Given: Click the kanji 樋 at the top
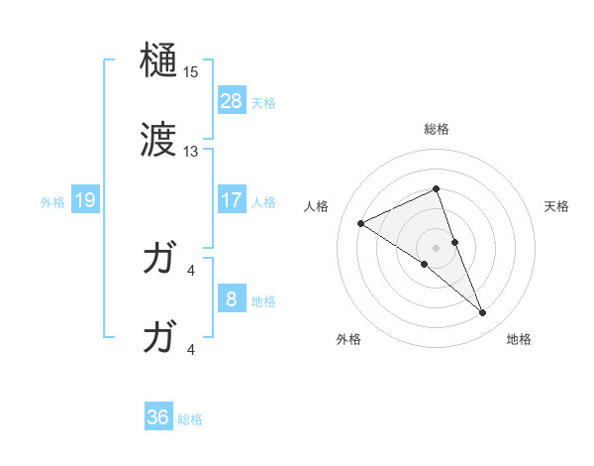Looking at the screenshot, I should [158, 62].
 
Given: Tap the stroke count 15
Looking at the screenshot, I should [191, 73].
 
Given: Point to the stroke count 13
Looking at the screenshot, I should [191, 152].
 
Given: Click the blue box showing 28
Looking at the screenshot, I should [232, 101].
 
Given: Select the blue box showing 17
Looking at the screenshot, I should [232, 200].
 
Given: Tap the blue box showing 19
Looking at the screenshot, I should [85, 201].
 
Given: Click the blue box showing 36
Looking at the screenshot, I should [158, 417].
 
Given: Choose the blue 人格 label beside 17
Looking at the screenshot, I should [263, 202].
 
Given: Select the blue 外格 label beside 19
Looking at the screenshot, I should [52, 202].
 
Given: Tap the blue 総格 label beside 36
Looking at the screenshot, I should [190, 419].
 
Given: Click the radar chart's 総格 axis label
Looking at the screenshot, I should [437, 129].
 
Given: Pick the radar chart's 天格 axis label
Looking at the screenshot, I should [557, 206].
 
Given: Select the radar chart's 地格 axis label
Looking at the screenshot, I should [519, 339].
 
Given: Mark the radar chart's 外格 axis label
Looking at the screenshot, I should [348, 339].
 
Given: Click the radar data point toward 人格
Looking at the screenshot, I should [361, 223].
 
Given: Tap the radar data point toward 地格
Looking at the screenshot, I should [483, 312].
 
